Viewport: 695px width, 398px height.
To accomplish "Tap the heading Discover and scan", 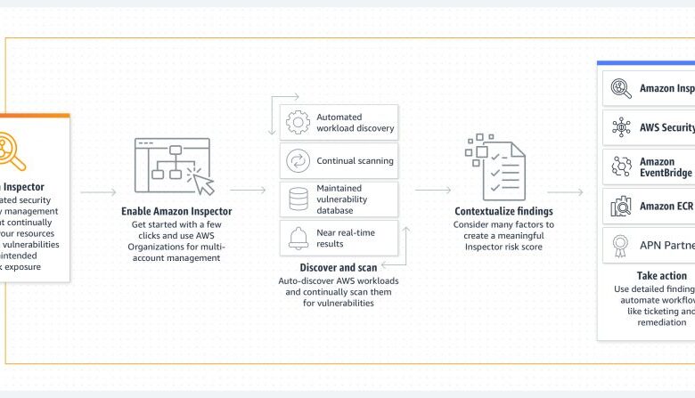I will (x=339, y=266).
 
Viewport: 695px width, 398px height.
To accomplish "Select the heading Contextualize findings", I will (x=503, y=211).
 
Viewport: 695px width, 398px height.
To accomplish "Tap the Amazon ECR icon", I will (x=620, y=207).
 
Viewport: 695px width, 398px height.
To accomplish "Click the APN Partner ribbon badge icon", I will (x=620, y=245).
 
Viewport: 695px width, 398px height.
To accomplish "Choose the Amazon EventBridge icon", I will (x=620, y=167).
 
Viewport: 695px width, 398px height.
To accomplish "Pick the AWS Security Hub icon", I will (x=620, y=128).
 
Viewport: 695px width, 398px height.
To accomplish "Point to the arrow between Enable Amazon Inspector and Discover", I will (x=248, y=191).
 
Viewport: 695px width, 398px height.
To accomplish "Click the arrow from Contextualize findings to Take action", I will (x=565, y=191).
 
